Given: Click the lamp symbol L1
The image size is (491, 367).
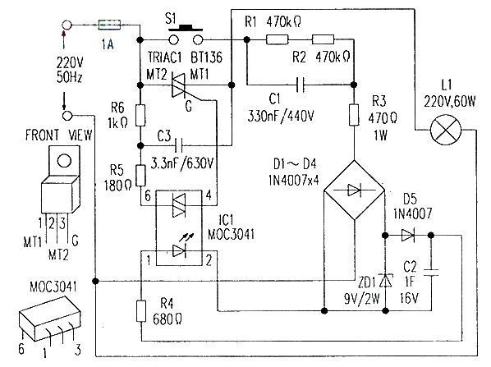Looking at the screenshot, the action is click(446, 130).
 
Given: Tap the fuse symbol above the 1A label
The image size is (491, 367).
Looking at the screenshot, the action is click(109, 25).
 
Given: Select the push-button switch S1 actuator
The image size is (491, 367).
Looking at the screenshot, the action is click(186, 28).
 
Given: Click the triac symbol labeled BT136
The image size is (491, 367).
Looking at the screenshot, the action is click(179, 85).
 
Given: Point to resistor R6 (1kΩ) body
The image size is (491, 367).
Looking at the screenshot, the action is click(140, 116).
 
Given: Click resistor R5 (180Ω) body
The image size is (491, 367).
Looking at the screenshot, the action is click(141, 176).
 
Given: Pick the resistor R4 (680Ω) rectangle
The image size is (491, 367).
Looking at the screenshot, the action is click(141, 311).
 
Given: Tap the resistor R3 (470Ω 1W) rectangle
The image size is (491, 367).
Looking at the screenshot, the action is click(354, 115).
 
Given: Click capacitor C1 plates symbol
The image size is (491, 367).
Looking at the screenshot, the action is click(300, 85).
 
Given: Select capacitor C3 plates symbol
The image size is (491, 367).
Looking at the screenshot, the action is click(179, 145).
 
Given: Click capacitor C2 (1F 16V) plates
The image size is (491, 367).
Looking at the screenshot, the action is click(431, 273).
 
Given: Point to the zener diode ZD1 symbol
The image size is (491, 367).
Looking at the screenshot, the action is click(385, 281).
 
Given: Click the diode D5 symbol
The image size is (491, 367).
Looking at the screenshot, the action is click(408, 235).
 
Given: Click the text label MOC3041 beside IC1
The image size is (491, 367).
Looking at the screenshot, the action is click(231, 234).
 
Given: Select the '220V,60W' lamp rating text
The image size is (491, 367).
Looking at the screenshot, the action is click(450, 102).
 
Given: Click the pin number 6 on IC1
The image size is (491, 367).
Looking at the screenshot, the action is click(148, 196).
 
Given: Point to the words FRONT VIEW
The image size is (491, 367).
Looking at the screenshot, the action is click(59, 135).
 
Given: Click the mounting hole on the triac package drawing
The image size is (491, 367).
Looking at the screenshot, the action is click(65, 161).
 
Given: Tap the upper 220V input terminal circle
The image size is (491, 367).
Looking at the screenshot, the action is click(67, 25).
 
